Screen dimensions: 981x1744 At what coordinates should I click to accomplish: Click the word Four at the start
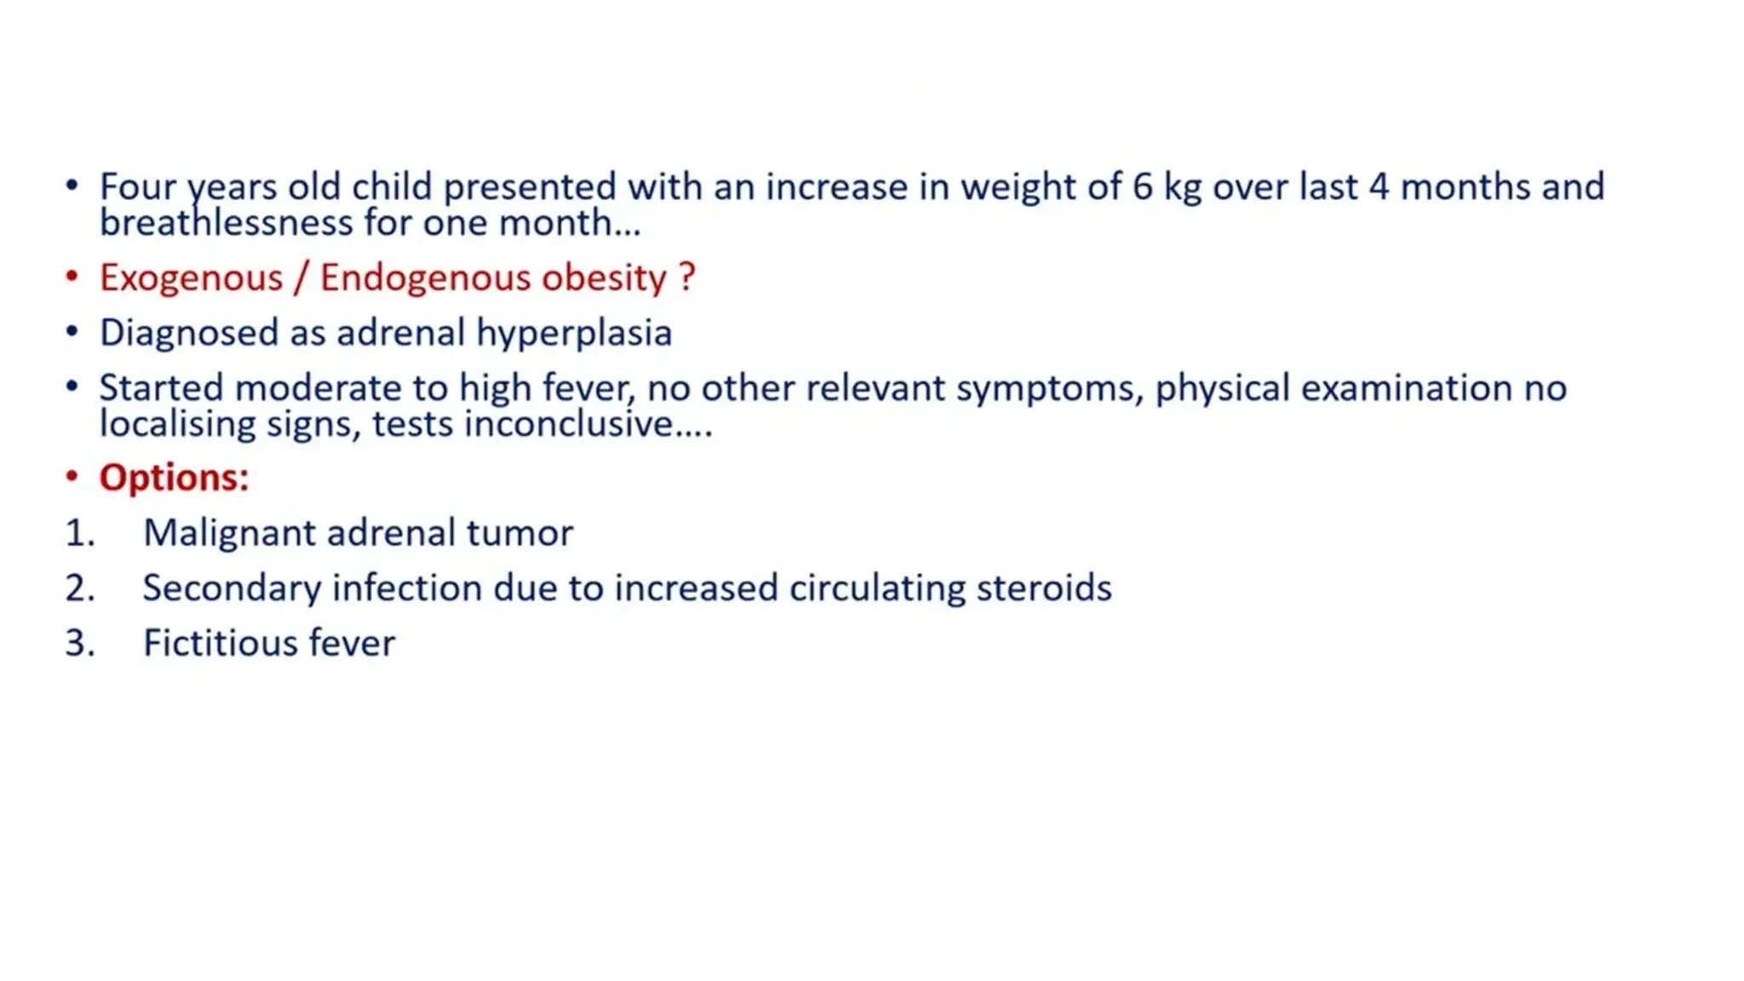pyautogui.click(x=137, y=187)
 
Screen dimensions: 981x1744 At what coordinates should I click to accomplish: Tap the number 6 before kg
pyautogui.click(x=1142, y=187)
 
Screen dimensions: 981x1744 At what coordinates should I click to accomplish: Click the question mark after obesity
pyautogui.click(x=687, y=278)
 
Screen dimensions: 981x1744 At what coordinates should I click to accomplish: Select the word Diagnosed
pyautogui.click(x=188, y=333)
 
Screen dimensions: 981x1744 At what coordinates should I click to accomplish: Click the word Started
pyautogui.click(x=161, y=388)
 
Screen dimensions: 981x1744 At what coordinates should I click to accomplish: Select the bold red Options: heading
pyautogui.click(x=174, y=478)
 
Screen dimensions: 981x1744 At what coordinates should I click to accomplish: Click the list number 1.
pyautogui.click(x=79, y=533)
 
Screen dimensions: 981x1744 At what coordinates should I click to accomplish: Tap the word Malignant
pyautogui.click(x=229, y=534)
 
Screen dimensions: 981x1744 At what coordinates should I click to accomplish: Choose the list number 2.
pyautogui.click(x=79, y=588)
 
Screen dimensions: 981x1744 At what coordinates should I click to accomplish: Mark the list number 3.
pyautogui.click(x=79, y=643)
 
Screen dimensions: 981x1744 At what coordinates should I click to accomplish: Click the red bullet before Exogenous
pyautogui.click(x=72, y=277)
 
